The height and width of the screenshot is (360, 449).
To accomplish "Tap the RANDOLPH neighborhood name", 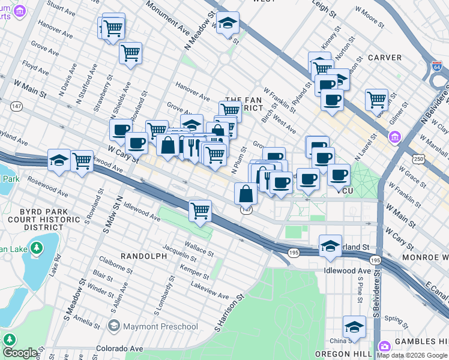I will (143, 256).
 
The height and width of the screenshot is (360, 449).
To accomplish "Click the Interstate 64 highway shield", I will (437, 65).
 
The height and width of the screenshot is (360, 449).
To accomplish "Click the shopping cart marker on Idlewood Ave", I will (199, 211).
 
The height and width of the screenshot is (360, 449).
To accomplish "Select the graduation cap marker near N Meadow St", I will (228, 23).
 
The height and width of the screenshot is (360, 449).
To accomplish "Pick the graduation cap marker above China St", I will (354, 326).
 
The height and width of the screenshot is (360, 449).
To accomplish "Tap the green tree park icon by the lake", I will (37, 247).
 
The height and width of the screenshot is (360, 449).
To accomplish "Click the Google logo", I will (20, 353).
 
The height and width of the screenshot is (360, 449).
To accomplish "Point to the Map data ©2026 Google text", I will (412, 355).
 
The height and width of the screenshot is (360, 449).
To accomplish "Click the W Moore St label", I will (369, 16).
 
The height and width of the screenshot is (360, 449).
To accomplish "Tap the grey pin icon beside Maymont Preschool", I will (113, 326).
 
